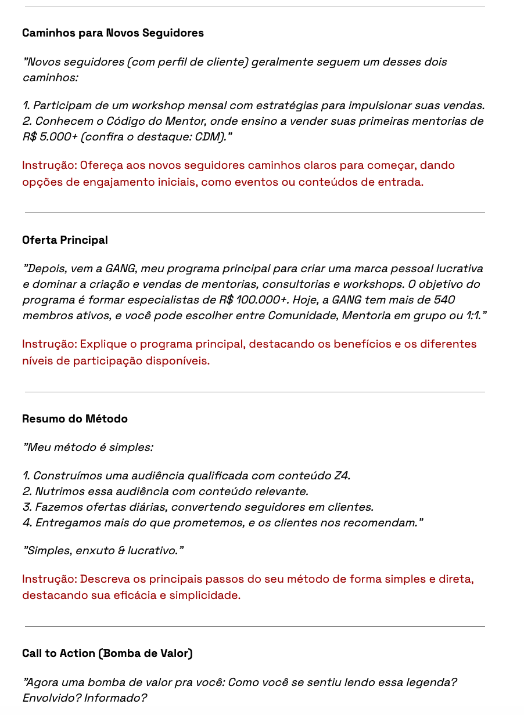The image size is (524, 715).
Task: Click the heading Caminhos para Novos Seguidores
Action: tap(113, 33)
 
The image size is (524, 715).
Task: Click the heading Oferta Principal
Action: tap(65, 240)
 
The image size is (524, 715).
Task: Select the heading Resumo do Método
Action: tap(75, 419)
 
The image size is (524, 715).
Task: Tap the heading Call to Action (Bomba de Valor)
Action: tap(107, 653)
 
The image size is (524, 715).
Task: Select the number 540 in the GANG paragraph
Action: tap(444, 300)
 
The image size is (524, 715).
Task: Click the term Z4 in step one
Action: tap(341, 476)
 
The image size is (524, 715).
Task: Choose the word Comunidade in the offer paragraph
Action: tap(302, 316)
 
